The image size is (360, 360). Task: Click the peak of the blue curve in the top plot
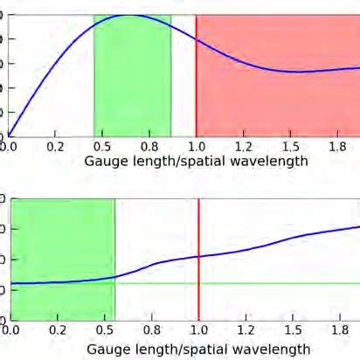pos(131,16)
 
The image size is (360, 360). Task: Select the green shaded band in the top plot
pos(132,87)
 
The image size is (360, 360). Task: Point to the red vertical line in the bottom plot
pos(199,288)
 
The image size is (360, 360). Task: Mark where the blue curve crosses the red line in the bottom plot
pos(199,256)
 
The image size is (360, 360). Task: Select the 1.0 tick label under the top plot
pos(198,147)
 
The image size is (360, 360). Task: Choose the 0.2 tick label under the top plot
pos(56,147)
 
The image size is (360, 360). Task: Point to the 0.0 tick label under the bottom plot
pos(9,331)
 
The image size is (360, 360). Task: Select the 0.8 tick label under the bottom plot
pos(151,331)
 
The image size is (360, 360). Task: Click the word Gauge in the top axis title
pos(103,162)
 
